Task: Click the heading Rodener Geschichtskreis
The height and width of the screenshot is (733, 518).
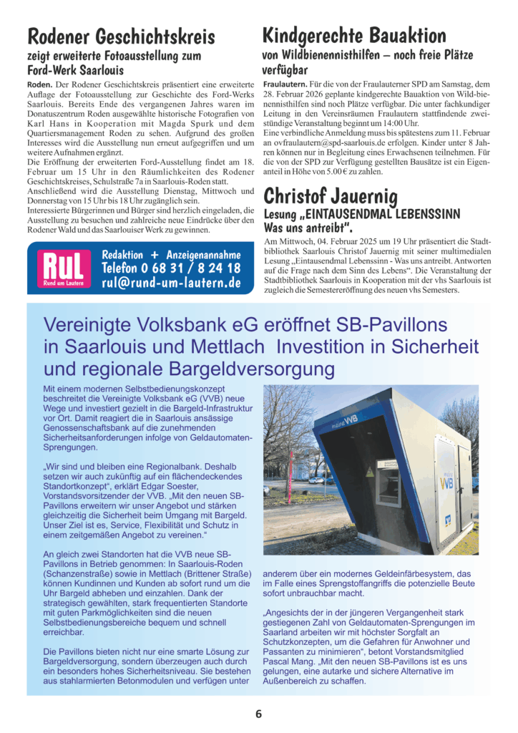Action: click(120, 37)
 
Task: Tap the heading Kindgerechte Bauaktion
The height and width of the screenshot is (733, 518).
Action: click(354, 35)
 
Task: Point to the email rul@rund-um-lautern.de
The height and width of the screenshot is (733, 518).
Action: click(171, 283)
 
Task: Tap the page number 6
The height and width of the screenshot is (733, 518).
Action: click(258, 713)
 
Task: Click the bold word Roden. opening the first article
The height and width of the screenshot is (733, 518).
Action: click(40, 84)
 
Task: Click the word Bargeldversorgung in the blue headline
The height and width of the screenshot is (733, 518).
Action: click(244, 369)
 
